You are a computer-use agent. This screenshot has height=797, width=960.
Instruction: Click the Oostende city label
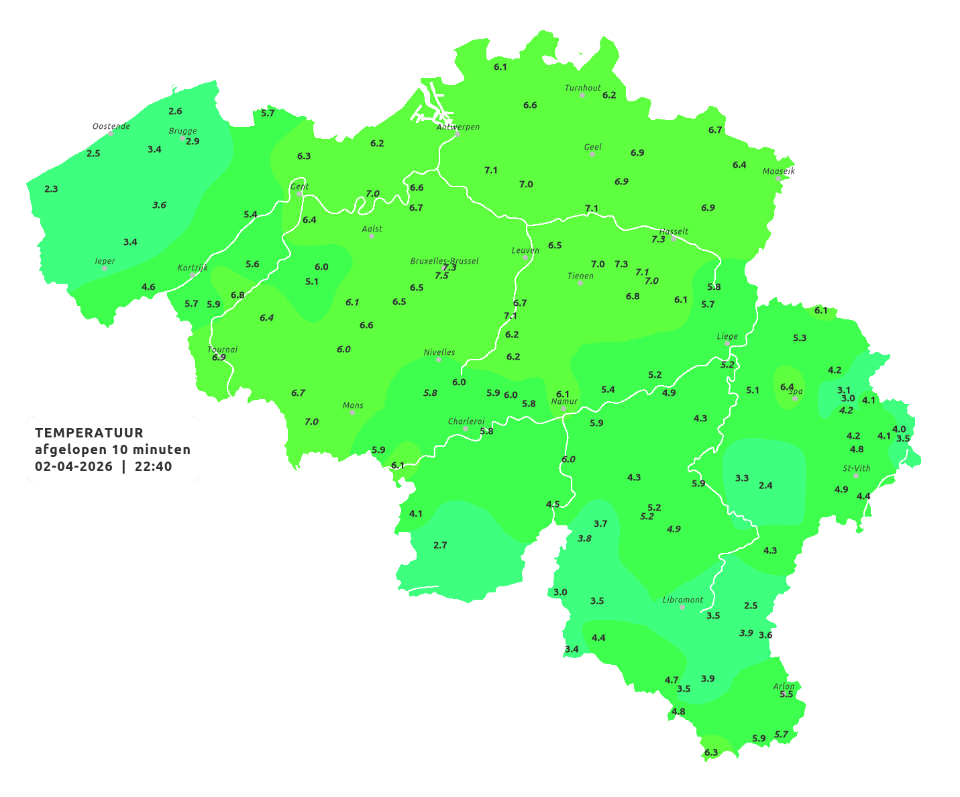click(111, 126)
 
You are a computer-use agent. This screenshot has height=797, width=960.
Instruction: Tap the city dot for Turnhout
click(582, 95)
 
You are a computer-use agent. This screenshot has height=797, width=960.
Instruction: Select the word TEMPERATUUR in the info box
click(89, 433)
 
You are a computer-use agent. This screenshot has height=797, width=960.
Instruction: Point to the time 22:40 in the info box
click(153, 466)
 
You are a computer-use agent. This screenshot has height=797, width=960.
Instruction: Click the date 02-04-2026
click(74, 466)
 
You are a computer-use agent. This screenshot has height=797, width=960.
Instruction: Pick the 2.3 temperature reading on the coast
click(51, 189)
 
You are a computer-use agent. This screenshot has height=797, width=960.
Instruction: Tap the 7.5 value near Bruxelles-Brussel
click(441, 276)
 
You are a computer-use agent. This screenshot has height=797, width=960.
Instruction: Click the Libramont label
click(683, 600)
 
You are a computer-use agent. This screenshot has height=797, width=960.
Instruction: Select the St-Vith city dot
click(856, 476)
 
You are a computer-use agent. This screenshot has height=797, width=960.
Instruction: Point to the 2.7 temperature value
click(440, 545)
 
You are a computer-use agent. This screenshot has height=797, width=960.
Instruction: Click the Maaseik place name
click(778, 171)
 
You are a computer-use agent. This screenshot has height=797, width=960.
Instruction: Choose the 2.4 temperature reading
click(765, 485)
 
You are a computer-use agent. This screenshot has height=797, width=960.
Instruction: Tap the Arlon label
click(784, 686)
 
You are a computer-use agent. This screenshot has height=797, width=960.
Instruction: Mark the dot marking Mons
click(352, 413)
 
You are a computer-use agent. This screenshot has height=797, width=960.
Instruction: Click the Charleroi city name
click(466, 421)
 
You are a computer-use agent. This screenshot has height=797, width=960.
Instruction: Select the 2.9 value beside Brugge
click(193, 142)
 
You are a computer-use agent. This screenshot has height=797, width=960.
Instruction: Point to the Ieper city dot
click(105, 268)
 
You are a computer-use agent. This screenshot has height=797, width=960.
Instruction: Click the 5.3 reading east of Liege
click(800, 338)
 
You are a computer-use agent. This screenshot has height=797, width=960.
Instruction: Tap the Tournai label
click(223, 350)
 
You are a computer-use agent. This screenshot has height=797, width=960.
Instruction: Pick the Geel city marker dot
click(592, 154)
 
